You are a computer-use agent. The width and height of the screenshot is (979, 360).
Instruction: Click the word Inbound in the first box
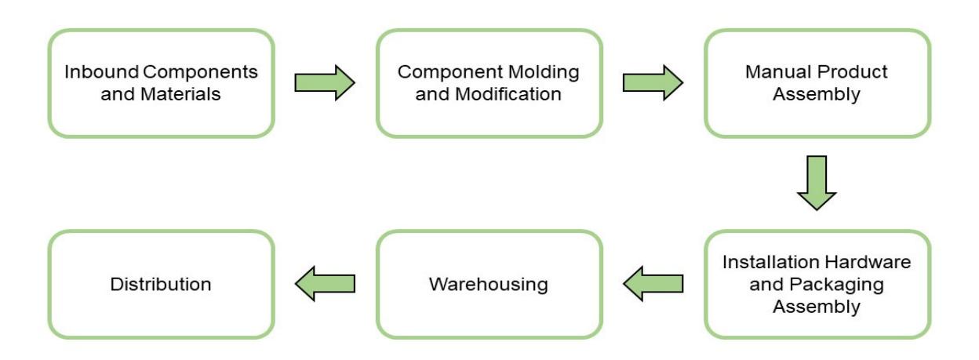tap(101, 72)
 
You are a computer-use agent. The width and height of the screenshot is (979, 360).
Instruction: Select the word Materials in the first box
tap(180, 94)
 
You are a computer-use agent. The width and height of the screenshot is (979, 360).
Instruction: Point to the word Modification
tap(508, 94)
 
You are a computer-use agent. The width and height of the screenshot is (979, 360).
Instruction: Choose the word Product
tap(852, 72)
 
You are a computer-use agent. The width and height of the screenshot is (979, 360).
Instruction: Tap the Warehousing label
tap(489, 285)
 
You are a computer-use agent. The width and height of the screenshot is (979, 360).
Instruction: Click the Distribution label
tap(161, 285)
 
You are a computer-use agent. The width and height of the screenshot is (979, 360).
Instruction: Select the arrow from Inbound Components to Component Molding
tap(325, 82)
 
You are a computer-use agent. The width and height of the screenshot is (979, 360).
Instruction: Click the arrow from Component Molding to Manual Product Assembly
tap(653, 82)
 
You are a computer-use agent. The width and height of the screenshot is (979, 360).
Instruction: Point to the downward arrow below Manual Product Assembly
tap(817, 183)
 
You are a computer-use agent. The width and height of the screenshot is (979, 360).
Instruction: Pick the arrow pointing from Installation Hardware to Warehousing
tap(653, 284)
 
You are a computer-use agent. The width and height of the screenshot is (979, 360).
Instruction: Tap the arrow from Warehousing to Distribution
tap(325, 284)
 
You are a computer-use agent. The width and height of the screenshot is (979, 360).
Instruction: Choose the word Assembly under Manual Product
tap(817, 95)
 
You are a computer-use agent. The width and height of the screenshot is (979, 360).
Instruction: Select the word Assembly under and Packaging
tap(817, 307)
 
